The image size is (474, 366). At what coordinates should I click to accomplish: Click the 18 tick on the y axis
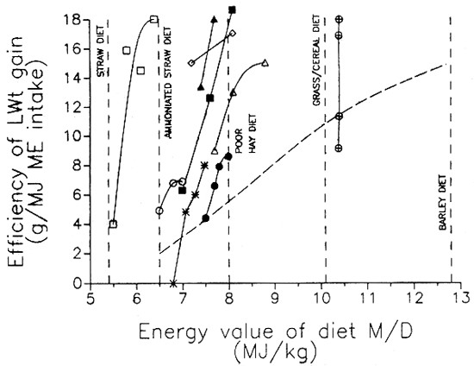74,19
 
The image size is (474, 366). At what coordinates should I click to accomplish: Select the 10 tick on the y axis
74,136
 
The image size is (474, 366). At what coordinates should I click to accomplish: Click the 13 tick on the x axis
452,298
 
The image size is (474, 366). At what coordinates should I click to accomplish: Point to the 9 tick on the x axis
274,298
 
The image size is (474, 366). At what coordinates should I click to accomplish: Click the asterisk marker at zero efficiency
173,283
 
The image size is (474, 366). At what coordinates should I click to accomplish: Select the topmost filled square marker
232,9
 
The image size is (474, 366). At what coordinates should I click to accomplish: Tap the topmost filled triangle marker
214,18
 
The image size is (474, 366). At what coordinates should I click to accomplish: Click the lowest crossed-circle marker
340,148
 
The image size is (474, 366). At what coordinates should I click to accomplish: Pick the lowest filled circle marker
205,218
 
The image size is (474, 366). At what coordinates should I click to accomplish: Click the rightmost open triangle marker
265,63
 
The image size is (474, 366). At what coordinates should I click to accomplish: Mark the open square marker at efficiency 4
113,224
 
